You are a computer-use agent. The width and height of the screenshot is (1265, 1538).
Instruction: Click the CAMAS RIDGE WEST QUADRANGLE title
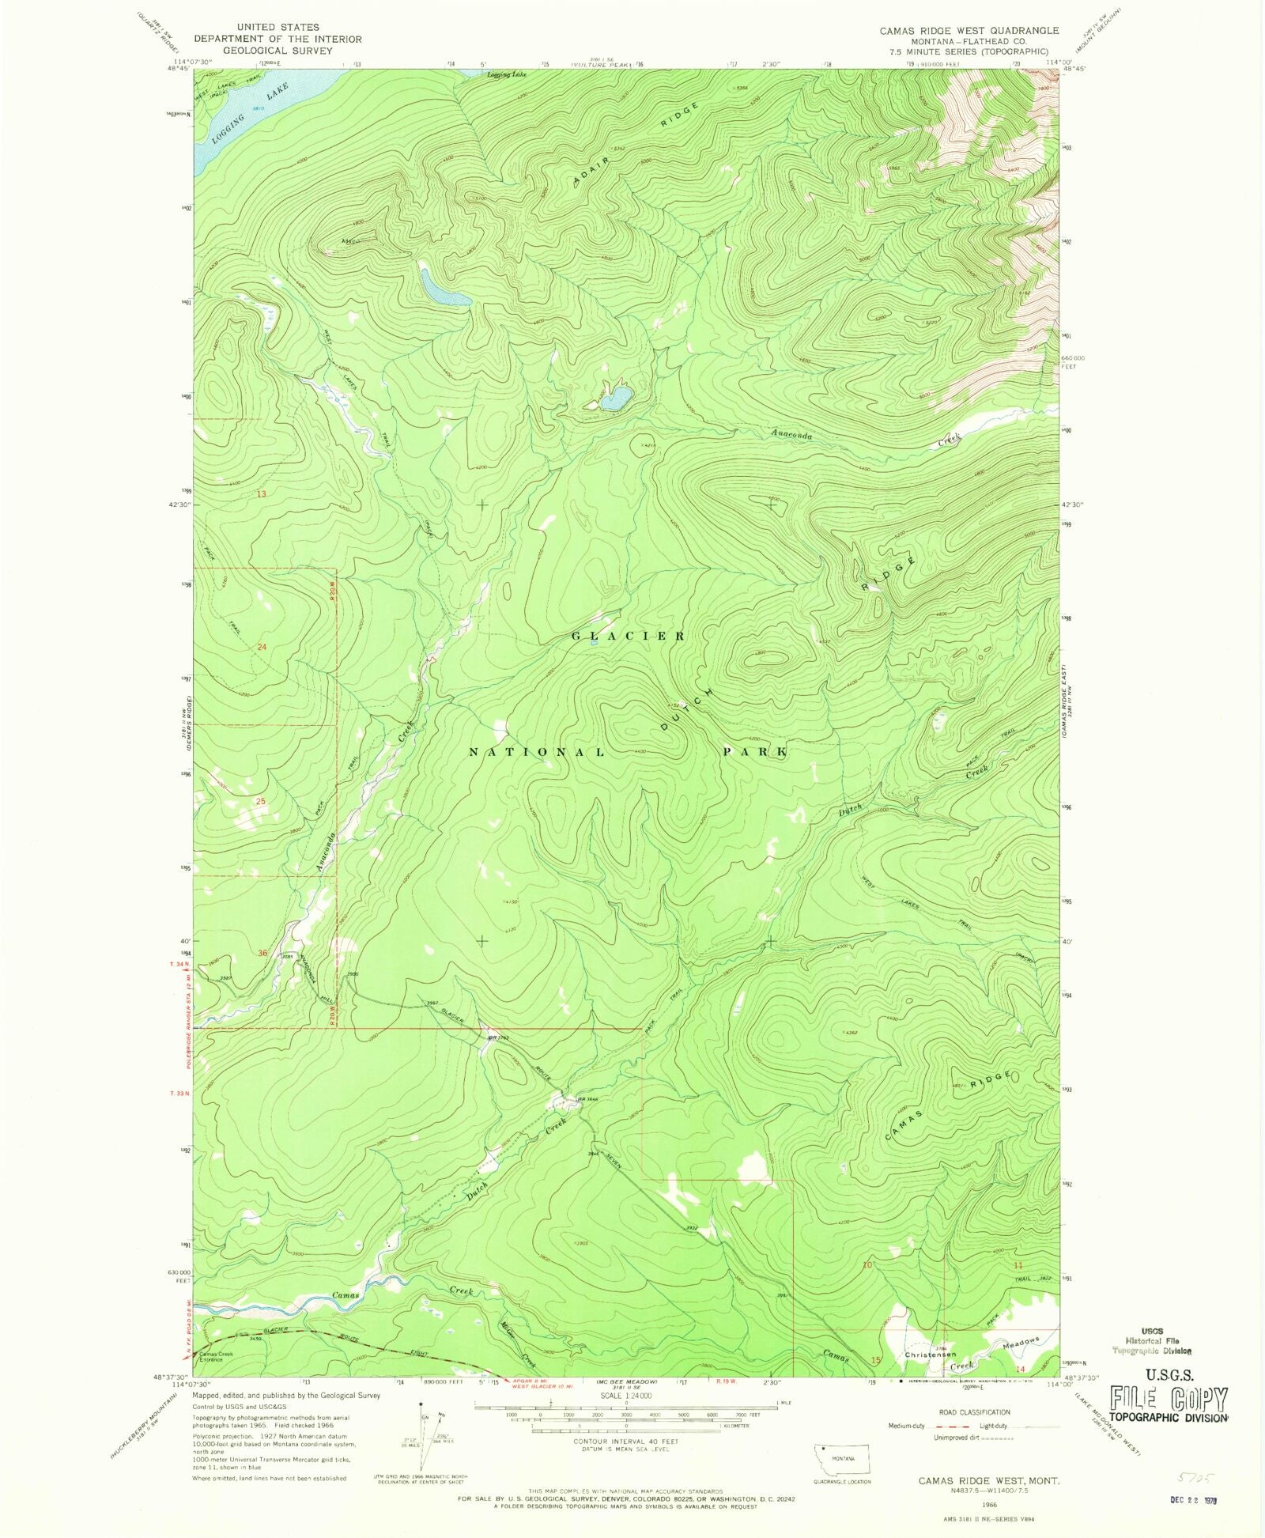[x=969, y=30]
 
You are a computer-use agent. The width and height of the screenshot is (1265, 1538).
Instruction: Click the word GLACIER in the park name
[x=629, y=636]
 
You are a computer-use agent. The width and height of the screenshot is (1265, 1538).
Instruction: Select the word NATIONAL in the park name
[x=538, y=752]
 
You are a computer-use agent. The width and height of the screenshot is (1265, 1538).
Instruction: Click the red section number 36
[x=262, y=953]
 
